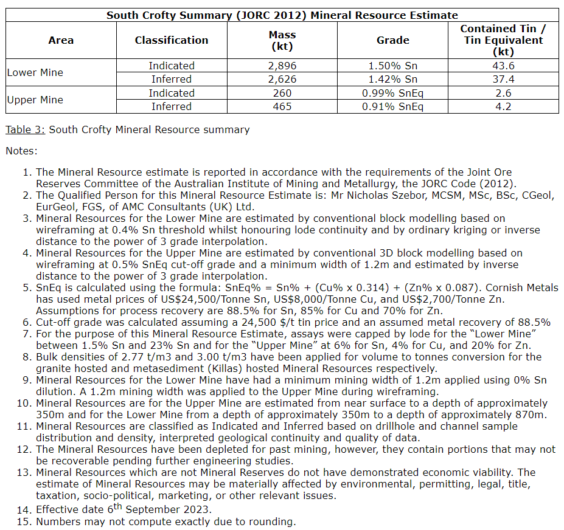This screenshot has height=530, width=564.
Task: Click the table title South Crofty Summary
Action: coord(282,15)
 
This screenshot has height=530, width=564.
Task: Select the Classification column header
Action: coord(172,40)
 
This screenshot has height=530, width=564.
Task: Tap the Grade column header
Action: coord(393,40)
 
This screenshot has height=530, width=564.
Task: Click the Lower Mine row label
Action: coord(35,72)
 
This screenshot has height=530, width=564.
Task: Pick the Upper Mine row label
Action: coord(35,100)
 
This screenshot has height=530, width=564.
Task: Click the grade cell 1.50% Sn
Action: coord(393,66)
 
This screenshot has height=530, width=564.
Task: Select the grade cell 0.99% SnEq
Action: coord(393,93)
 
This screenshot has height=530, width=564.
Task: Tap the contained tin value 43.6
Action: coord(503,66)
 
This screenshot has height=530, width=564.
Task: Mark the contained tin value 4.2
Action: coord(503,106)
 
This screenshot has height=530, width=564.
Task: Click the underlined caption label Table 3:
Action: coord(26,129)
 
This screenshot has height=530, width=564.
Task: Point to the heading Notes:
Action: coord(21,151)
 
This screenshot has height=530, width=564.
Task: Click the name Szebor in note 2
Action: coord(373,195)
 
